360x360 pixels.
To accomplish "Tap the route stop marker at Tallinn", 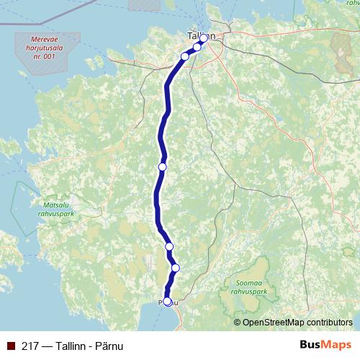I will (204, 38).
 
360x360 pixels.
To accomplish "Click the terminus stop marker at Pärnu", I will (168, 302).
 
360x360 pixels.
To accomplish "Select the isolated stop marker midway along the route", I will (162, 166).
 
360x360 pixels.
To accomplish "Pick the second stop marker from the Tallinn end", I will (197, 47).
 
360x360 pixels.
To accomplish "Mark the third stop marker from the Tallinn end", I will (185, 56).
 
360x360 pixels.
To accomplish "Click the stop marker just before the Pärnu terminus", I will (175, 268).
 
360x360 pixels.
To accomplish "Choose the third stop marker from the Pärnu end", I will (170, 246).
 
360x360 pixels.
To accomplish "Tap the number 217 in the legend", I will (30, 345).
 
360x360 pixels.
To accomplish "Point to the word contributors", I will (330, 322).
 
